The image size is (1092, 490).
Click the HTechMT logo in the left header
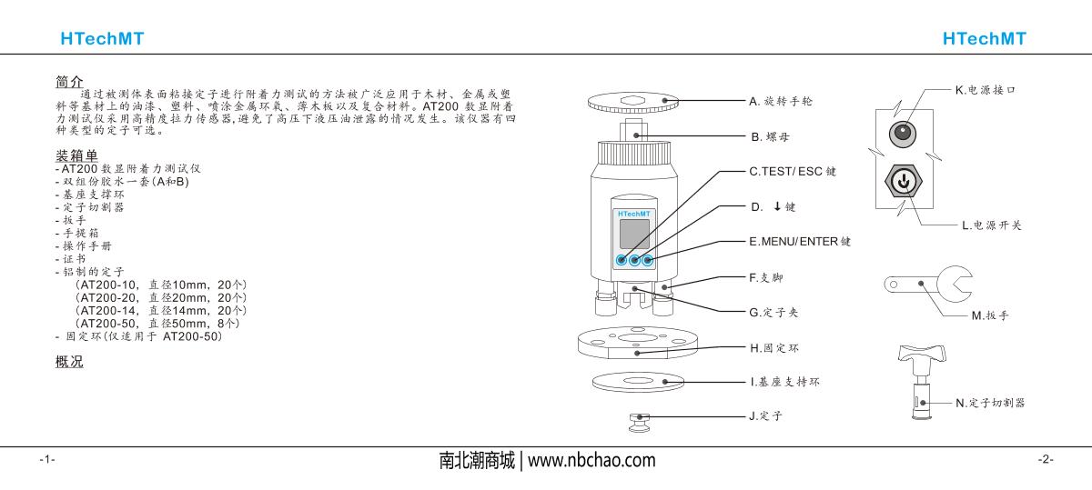coord(102,38)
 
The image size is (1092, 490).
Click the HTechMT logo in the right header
coord(985,38)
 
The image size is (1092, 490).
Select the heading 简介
coord(69,81)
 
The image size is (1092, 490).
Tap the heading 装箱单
coord(76,155)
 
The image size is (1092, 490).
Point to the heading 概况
coord(69,362)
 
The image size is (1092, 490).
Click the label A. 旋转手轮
coord(781,101)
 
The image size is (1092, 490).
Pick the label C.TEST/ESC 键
coord(793,172)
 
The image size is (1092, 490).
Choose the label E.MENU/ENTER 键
coord(800,242)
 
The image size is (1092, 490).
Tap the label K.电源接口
coord(986,90)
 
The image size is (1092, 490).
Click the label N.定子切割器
coord(990,404)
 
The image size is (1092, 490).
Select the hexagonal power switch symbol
coord(904,181)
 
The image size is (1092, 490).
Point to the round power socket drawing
coord(903,135)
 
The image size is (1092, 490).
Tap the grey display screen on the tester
coord(634,234)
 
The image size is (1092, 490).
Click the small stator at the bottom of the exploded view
coord(640,423)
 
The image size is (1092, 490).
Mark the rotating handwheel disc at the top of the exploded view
coord(633,103)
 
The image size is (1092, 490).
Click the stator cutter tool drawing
coord(922,382)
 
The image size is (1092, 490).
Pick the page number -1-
coord(47,459)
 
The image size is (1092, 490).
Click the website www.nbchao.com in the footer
coord(591,460)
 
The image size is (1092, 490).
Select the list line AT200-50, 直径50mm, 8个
coord(157,324)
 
